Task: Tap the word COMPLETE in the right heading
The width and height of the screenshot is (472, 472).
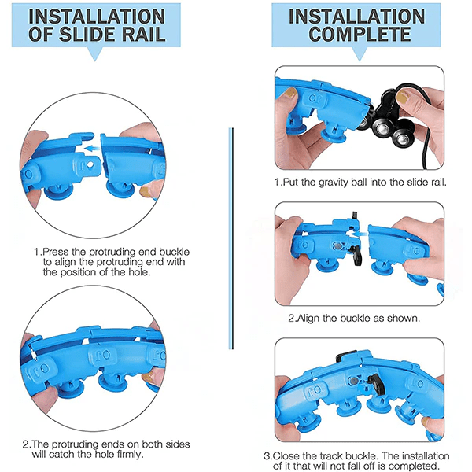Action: pos(360,33)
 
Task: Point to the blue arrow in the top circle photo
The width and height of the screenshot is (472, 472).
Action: pos(92,149)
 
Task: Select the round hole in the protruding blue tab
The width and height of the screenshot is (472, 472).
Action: pos(90,164)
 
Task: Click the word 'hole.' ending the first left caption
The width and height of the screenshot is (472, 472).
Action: pos(139,272)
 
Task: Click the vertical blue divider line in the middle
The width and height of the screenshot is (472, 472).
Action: pos(230,238)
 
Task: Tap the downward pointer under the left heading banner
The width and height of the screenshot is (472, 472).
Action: pos(95,53)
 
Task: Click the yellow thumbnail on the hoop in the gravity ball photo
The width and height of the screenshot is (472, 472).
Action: pos(290,92)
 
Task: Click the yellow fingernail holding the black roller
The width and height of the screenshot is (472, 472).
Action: pos(403,97)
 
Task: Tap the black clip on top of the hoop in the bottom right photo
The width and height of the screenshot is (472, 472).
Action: pos(346,356)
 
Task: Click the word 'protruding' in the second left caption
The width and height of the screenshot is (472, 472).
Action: pos(74,444)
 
